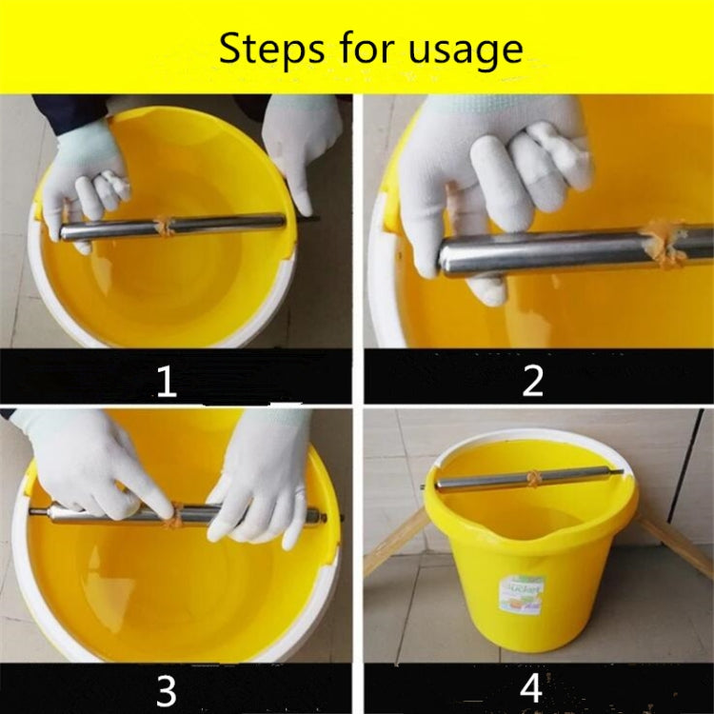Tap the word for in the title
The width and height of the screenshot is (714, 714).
366,49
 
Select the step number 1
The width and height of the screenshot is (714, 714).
167,382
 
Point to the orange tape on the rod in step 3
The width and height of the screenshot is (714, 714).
172,517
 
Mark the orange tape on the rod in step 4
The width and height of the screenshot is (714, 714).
537,479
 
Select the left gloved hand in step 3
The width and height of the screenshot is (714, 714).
95,466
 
